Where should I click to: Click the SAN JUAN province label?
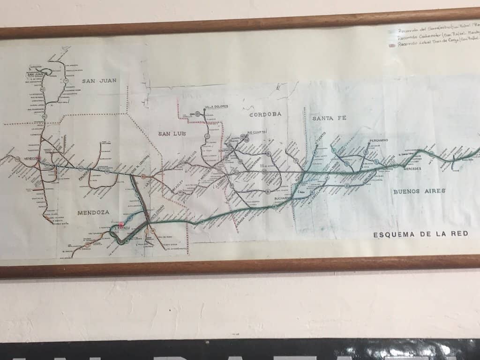99,81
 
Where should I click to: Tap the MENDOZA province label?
92,212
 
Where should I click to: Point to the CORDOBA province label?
265,114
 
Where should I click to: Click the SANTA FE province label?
329,118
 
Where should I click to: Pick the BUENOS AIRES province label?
420,191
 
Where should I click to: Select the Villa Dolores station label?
217,107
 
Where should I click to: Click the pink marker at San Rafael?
121,225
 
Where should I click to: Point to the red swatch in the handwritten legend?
392,45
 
